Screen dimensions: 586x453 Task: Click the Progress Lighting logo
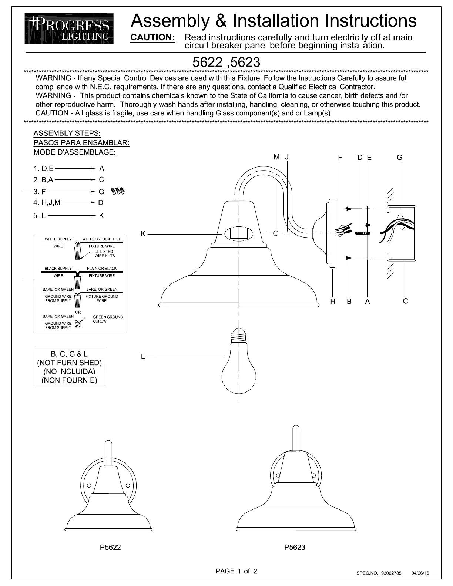(69, 28)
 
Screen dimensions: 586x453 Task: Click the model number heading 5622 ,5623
(226, 62)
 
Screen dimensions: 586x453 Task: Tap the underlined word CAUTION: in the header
(152, 37)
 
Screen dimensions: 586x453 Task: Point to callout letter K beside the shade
(143, 233)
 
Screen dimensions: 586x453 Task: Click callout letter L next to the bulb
(143, 357)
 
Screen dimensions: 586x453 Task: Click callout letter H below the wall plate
(333, 302)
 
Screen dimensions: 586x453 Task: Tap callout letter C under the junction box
(405, 301)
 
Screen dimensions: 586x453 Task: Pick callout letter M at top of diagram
(276, 157)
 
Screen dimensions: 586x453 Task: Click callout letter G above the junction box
(399, 158)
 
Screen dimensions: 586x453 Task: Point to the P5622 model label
(110, 547)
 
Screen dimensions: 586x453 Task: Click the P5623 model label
(295, 547)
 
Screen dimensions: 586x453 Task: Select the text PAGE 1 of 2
(236, 571)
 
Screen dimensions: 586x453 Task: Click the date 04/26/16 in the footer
(420, 573)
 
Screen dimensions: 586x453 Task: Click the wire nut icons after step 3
(118, 191)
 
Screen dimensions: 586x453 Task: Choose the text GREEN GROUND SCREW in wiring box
(107, 319)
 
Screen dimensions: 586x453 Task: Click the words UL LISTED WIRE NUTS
(104, 253)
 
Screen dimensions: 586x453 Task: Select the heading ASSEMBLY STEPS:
(67, 133)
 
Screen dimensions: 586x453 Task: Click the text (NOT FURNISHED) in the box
(69, 363)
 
